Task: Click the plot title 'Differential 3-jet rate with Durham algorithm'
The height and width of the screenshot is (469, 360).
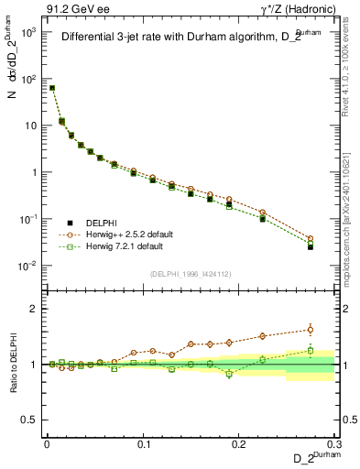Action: click(x=184, y=38)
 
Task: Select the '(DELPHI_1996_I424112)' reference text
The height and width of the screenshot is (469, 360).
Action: click(x=190, y=272)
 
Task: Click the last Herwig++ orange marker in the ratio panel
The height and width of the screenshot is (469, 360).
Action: click(x=311, y=330)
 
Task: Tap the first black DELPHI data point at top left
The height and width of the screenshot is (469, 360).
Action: click(x=52, y=88)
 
